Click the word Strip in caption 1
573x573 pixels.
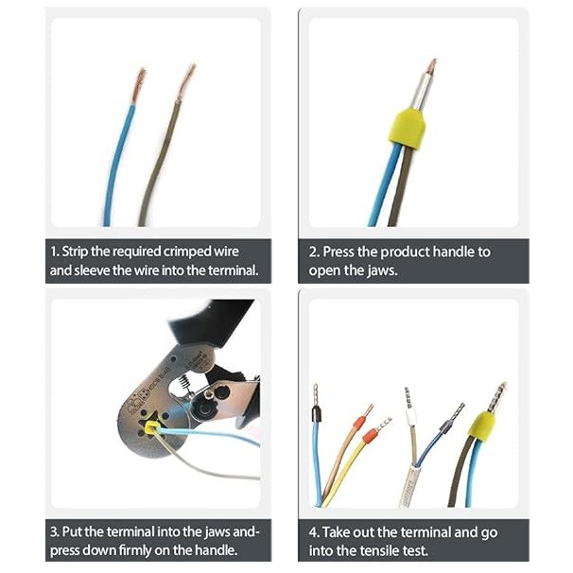point(75,252)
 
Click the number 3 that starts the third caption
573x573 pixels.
point(54,532)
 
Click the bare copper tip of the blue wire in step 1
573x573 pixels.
point(138,85)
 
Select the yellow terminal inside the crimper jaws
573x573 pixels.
point(150,427)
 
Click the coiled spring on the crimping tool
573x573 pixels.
point(184,382)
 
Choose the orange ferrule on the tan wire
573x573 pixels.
point(359,422)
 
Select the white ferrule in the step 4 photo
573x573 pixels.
point(410,417)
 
